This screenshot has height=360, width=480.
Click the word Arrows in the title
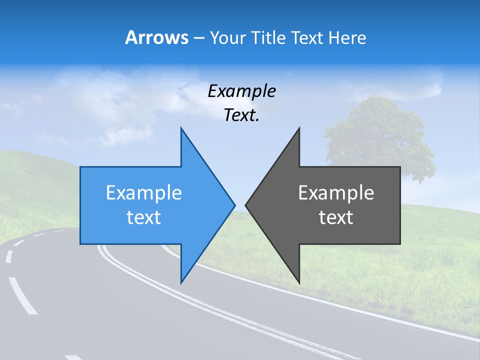[156, 37]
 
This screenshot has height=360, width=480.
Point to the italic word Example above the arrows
[241, 91]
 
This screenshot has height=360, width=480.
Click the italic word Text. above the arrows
[241, 115]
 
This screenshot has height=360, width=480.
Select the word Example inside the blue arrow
[144, 193]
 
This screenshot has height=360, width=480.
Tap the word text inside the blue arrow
[144, 217]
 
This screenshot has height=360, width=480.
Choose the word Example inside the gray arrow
[336, 193]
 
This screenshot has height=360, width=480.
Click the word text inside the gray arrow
[336, 217]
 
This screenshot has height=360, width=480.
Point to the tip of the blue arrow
[234, 204]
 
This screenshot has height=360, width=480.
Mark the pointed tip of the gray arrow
[246, 204]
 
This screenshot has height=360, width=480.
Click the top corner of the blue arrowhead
[181, 128]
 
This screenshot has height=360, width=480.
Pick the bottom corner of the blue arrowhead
[181, 282]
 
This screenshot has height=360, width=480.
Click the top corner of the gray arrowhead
[299, 128]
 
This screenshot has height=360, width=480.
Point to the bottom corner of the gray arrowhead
[299, 282]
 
